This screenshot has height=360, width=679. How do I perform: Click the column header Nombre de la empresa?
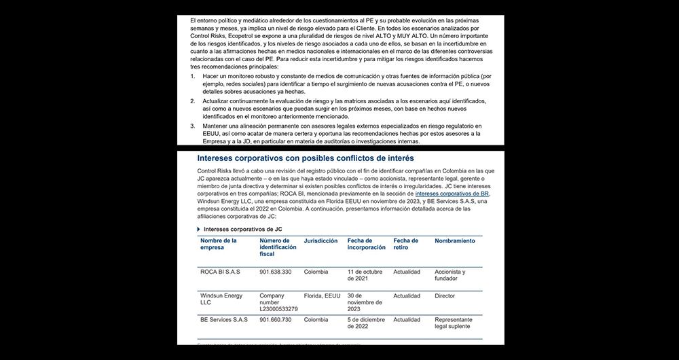pos(219,245)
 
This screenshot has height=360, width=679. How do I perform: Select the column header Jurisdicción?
pos(320,241)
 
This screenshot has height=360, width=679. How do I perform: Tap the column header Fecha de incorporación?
pos(366,245)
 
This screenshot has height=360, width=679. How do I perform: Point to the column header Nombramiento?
pos(455,241)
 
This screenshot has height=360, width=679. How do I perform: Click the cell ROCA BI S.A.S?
pos(219,272)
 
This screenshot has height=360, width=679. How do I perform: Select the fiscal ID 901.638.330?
pos(276,272)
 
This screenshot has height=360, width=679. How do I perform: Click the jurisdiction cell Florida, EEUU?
pos(323,296)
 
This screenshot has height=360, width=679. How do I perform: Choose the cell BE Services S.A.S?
pos(224,320)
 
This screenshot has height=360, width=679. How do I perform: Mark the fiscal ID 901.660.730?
pos(276,320)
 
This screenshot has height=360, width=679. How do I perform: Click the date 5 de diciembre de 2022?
pos(367,324)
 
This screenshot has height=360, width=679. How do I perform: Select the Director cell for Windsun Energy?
pos(445,296)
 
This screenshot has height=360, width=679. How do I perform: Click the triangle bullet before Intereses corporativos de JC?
pos(198,230)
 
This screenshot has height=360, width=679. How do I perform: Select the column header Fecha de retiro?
pos(406,245)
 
